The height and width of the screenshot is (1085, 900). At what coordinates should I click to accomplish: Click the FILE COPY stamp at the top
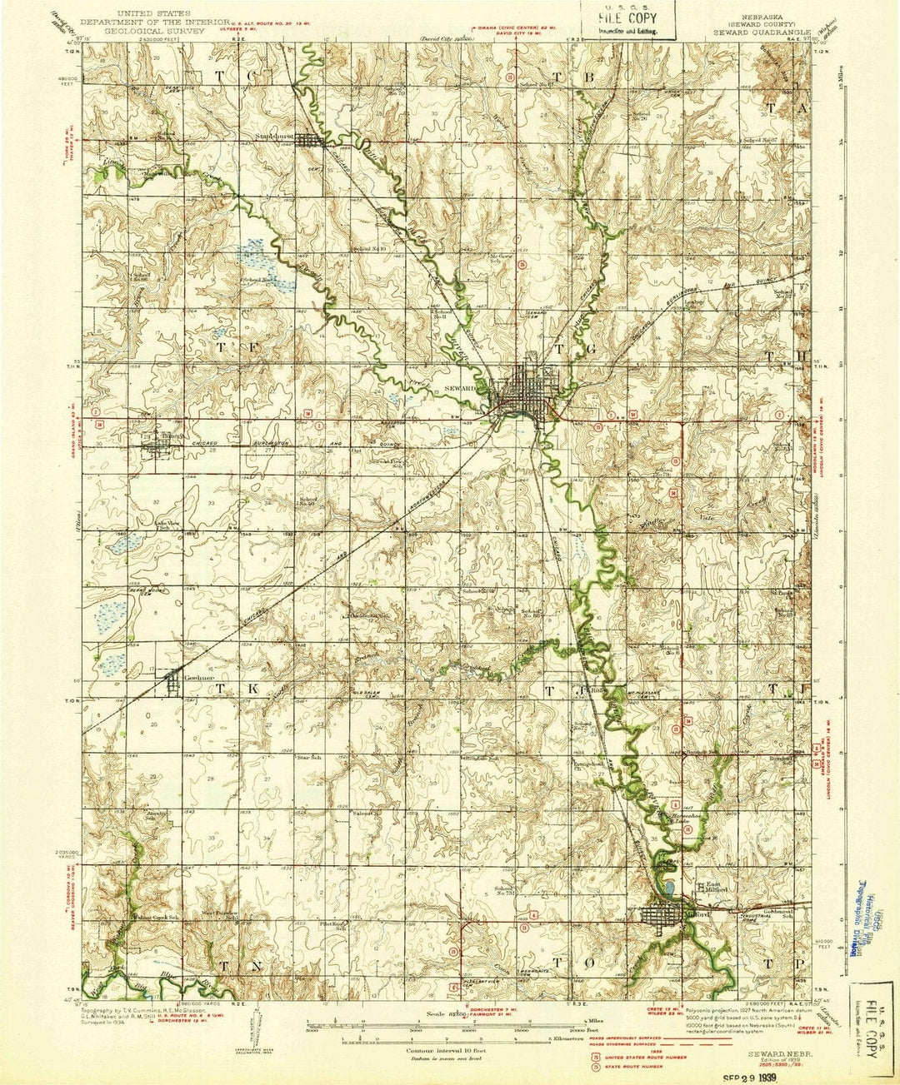(621, 19)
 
